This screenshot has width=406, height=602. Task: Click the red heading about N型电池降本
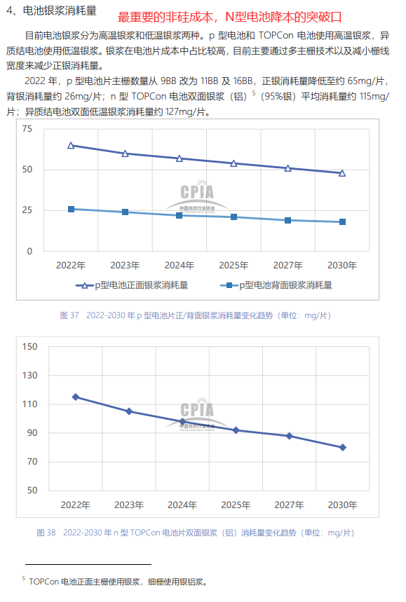pos(229,17)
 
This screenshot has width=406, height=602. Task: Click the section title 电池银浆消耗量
pos(60,11)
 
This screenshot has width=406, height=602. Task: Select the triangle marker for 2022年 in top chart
pos(71,146)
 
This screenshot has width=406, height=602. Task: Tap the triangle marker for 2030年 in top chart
pos(342,173)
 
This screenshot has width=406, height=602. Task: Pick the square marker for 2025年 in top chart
pos(234,217)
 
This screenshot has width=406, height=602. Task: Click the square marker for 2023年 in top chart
pos(125,212)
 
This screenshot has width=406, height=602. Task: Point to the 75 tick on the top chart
pos(27,129)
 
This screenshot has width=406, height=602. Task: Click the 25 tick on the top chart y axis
pos(27,210)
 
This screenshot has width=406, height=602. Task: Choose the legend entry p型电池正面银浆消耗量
pos(132,285)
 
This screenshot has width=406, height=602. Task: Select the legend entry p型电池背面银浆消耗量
pos(276,285)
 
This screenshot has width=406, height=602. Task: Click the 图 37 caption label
pos(69,315)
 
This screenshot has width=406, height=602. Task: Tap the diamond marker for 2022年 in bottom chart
pos(76,397)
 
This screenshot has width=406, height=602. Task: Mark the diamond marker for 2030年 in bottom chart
pos(343,447)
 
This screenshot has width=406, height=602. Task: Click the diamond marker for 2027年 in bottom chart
pos(289,436)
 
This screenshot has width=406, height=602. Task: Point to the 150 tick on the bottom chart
pos(29,347)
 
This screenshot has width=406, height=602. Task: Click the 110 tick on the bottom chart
pos(29,404)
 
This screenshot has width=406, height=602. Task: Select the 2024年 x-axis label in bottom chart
pos(182,505)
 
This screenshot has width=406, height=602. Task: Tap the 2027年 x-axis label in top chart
pos(287,266)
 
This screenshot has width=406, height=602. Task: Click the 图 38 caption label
pos(46,533)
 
